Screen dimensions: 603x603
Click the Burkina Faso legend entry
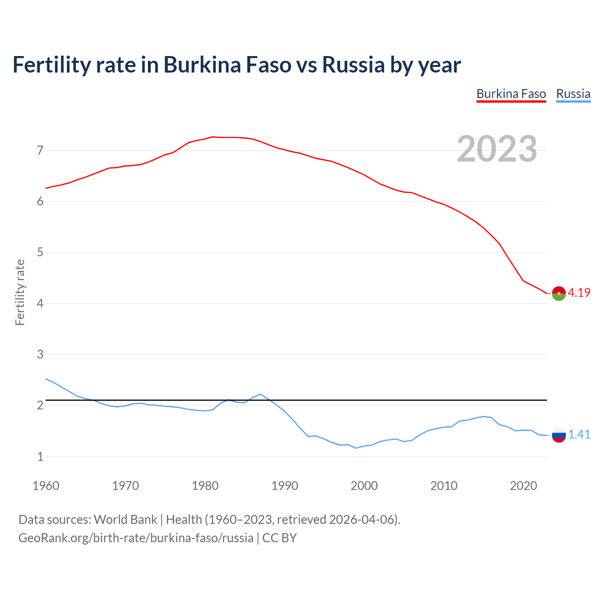tap(511, 94)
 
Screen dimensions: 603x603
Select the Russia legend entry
tap(573, 94)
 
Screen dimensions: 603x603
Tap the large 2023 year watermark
tap(497, 149)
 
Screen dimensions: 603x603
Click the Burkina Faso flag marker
tap(559, 293)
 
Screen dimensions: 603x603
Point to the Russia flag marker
tap(559, 435)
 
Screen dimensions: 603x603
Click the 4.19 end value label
tap(579, 293)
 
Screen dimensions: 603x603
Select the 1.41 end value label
tap(579, 434)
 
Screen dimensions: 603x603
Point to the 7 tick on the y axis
tap(40, 151)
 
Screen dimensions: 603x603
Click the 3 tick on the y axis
tap(40, 354)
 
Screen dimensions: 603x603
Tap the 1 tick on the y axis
tap(40, 456)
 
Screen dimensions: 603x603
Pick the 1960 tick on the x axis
tap(46, 486)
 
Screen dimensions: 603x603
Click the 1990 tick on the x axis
tap(285, 486)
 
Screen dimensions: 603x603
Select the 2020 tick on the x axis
tap(523, 486)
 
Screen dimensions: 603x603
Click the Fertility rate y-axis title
tap(20, 292)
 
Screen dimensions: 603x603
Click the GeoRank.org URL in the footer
tap(136, 538)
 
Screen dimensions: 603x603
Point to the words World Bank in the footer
tap(125, 520)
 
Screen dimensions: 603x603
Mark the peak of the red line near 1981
tap(212, 137)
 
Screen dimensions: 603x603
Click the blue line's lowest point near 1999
tap(356, 448)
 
